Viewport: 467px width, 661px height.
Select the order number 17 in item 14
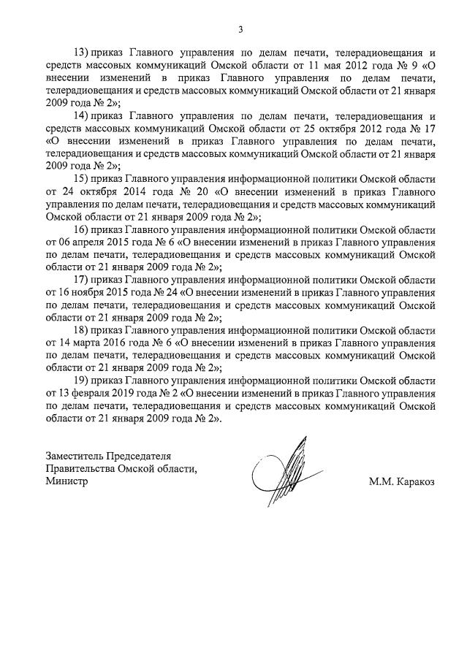pyautogui.click(x=429, y=129)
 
